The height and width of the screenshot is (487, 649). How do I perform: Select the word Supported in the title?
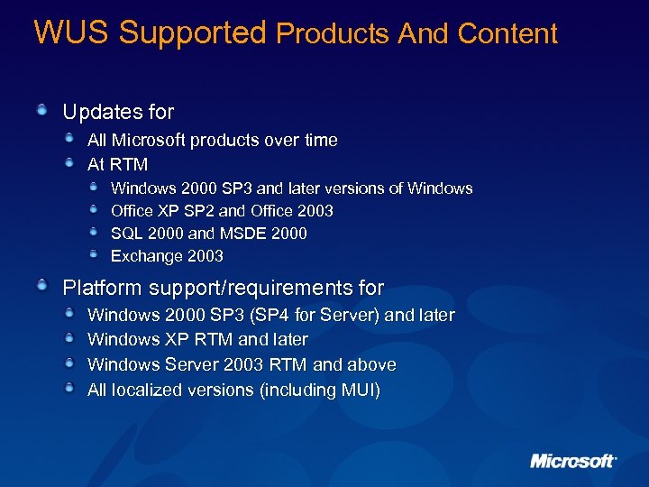click(192, 32)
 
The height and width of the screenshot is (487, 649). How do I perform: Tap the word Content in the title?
click(507, 33)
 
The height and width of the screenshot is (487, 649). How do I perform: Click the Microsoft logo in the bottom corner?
click(573, 460)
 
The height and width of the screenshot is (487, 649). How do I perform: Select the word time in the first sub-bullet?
click(321, 140)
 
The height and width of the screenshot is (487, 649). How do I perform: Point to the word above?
click(371, 364)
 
